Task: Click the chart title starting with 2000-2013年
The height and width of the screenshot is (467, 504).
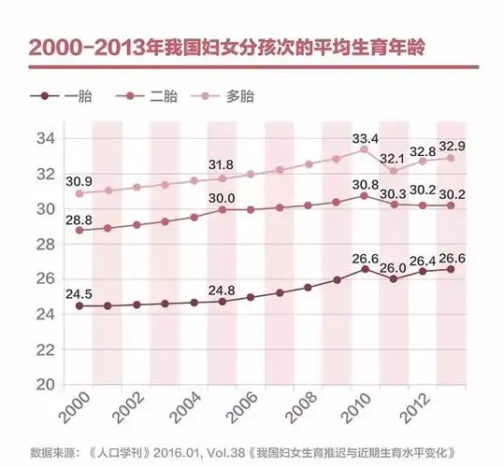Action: (x=221, y=49)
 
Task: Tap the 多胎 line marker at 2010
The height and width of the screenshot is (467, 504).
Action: (x=365, y=149)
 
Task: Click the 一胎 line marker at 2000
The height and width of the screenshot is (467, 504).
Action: (x=79, y=305)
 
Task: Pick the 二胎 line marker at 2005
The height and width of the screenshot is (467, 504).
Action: (x=223, y=209)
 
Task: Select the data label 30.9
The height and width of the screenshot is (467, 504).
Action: (x=78, y=179)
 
